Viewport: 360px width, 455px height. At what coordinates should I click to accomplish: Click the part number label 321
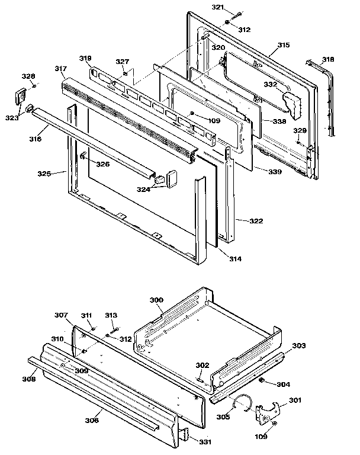(202, 7)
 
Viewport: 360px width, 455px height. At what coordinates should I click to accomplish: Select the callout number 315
(283, 45)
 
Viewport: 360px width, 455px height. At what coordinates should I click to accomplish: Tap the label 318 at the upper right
(328, 59)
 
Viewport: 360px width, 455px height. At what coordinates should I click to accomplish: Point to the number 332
(270, 85)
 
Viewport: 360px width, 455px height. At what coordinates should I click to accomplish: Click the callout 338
(278, 121)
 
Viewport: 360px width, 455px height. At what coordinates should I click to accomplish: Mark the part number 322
(256, 221)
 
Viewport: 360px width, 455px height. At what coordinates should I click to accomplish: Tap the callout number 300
(156, 300)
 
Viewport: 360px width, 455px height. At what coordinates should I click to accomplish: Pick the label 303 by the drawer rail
(299, 345)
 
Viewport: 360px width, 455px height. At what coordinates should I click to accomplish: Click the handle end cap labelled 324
(172, 177)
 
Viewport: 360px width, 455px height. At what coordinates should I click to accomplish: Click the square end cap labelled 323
(21, 95)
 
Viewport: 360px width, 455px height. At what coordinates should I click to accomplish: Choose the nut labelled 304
(262, 380)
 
